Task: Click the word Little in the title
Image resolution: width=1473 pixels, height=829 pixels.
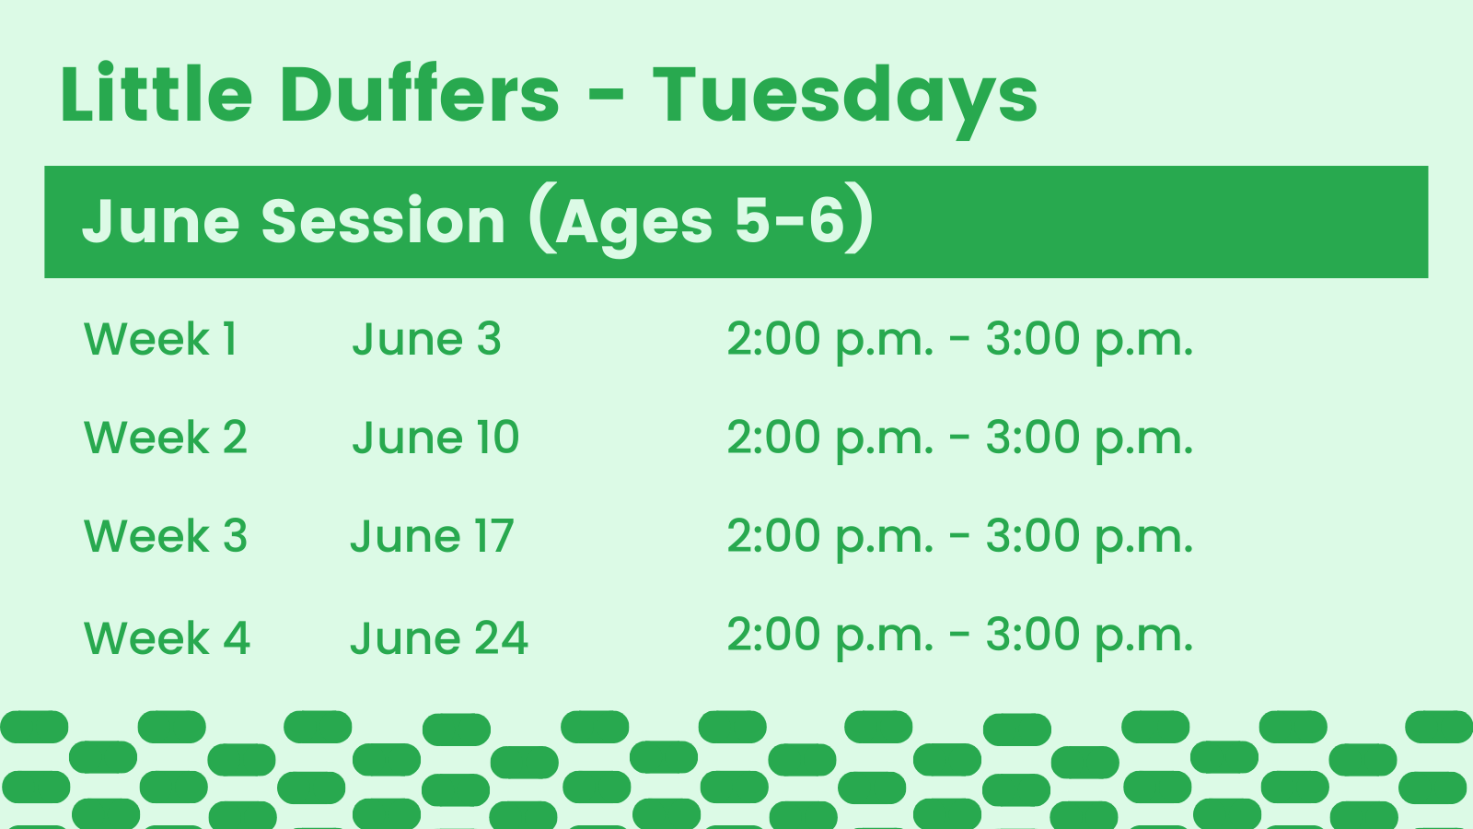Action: (x=156, y=95)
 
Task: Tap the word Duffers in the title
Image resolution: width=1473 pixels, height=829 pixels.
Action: (x=420, y=95)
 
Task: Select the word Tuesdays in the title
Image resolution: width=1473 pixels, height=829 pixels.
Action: (x=845, y=98)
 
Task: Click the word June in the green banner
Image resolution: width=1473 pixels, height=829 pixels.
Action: (x=161, y=222)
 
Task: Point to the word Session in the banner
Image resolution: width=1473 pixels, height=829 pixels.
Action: (x=383, y=222)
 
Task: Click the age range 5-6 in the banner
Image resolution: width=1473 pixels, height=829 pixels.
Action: (x=789, y=220)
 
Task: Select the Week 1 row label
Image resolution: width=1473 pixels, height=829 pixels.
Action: (x=161, y=339)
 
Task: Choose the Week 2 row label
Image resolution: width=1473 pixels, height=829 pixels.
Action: (x=166, y=438)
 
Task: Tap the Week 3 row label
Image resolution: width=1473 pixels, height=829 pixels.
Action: (x=166, y=536)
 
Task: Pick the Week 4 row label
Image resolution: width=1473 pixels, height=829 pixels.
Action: (x=167, y=638)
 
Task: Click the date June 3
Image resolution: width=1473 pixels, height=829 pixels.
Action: (x=426, y=339)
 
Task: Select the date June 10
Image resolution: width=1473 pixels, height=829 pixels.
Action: (x=435, y=438)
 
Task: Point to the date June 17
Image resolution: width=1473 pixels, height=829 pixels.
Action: (x=432, y=536)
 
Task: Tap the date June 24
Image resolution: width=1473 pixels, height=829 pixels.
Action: (x=439, y=638)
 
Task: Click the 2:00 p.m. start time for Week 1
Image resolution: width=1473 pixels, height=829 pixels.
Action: (x=829, y=340)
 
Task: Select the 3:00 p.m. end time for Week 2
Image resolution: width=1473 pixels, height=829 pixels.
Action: (x=1089, y=438)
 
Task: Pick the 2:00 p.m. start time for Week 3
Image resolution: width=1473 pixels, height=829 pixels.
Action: (x=829, y=537)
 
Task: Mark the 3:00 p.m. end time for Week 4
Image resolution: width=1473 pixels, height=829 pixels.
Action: (x=1089, y=636)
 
